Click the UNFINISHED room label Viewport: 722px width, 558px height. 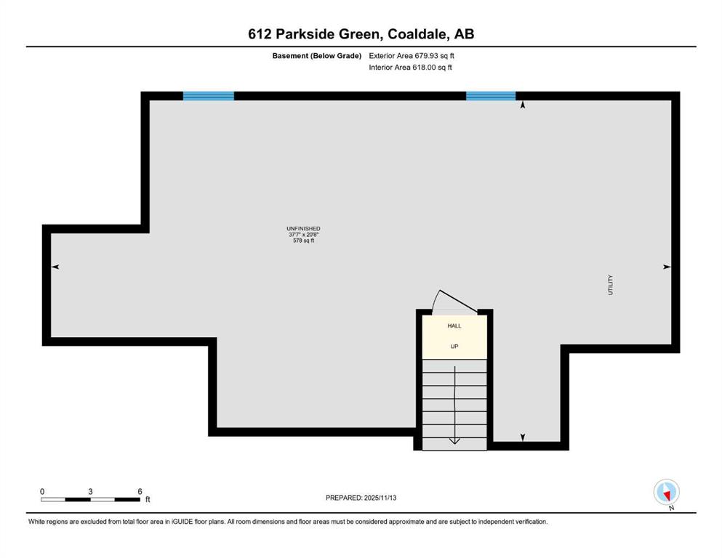303,229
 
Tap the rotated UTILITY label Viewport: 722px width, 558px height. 611,285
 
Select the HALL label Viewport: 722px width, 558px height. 454,325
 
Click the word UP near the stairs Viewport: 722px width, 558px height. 454,347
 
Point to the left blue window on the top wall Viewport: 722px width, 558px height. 209,96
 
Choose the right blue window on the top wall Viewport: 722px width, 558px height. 491,96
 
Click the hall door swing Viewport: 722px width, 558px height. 454,299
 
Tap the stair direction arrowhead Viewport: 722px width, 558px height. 454,441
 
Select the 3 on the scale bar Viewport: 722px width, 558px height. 90,491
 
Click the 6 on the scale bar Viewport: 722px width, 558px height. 140,491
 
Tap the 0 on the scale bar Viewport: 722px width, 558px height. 42,491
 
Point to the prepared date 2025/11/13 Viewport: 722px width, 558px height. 380,498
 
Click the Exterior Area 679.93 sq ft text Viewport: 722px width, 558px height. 412,56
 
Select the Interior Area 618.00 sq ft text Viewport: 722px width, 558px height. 410,67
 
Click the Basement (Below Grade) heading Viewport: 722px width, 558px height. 317,56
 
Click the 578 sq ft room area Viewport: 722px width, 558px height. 303,240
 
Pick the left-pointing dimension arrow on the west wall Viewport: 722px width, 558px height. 55,267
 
